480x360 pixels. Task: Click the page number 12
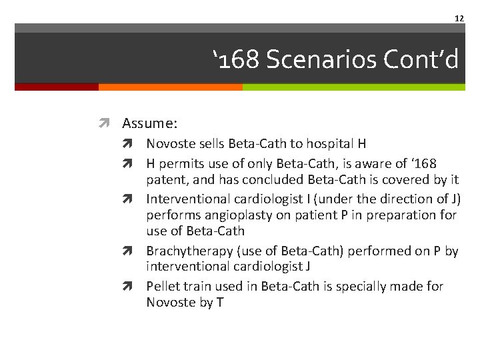click(459, 18)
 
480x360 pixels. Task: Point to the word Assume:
click(149, 123)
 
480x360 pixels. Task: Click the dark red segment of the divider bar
click(56, 87)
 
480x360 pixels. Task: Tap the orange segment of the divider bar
click(170, 87)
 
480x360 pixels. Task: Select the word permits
click(179, 163)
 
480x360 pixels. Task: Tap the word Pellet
click(163, 286)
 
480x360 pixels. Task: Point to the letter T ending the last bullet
click(219, 302)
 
